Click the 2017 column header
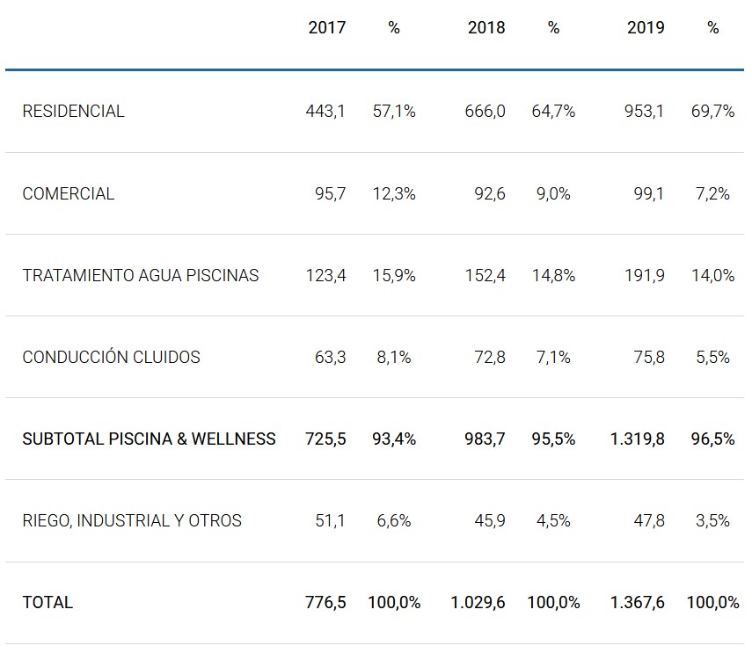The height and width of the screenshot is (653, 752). (x=326, y=28)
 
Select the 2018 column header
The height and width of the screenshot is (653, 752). (x=486, y=28)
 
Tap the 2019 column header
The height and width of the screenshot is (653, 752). (x=646, y=28)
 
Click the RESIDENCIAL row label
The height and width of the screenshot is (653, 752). (x=73, y=112)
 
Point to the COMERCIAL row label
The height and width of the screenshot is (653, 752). (x=68, y=193)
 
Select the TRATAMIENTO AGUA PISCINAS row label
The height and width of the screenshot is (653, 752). (x=141, y=275)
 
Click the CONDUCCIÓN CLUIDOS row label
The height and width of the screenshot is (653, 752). (x=111, y=357)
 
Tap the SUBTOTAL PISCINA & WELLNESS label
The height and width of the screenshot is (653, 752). (x=149, y=439)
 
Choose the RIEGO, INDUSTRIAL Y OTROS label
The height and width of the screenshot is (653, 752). (x=132, y=520)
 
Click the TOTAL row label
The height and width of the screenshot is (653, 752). (x=47, y=602)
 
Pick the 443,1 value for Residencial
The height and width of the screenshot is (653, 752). (x=325, y=112)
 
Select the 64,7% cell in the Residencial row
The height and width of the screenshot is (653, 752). (x=553, y=112)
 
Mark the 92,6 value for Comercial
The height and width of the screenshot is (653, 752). (x=489, y=193)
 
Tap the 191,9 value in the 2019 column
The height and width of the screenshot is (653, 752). (x=645, y=275)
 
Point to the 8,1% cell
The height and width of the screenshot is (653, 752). (x=393, y=357)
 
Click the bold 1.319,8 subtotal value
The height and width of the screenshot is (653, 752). (x=637, y=439)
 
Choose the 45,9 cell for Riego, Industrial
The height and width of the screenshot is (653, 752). (x=489, y=520)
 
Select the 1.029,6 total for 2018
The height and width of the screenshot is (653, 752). (x=478, y=602)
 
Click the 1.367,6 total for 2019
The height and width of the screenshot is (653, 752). (x=637, y=602)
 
